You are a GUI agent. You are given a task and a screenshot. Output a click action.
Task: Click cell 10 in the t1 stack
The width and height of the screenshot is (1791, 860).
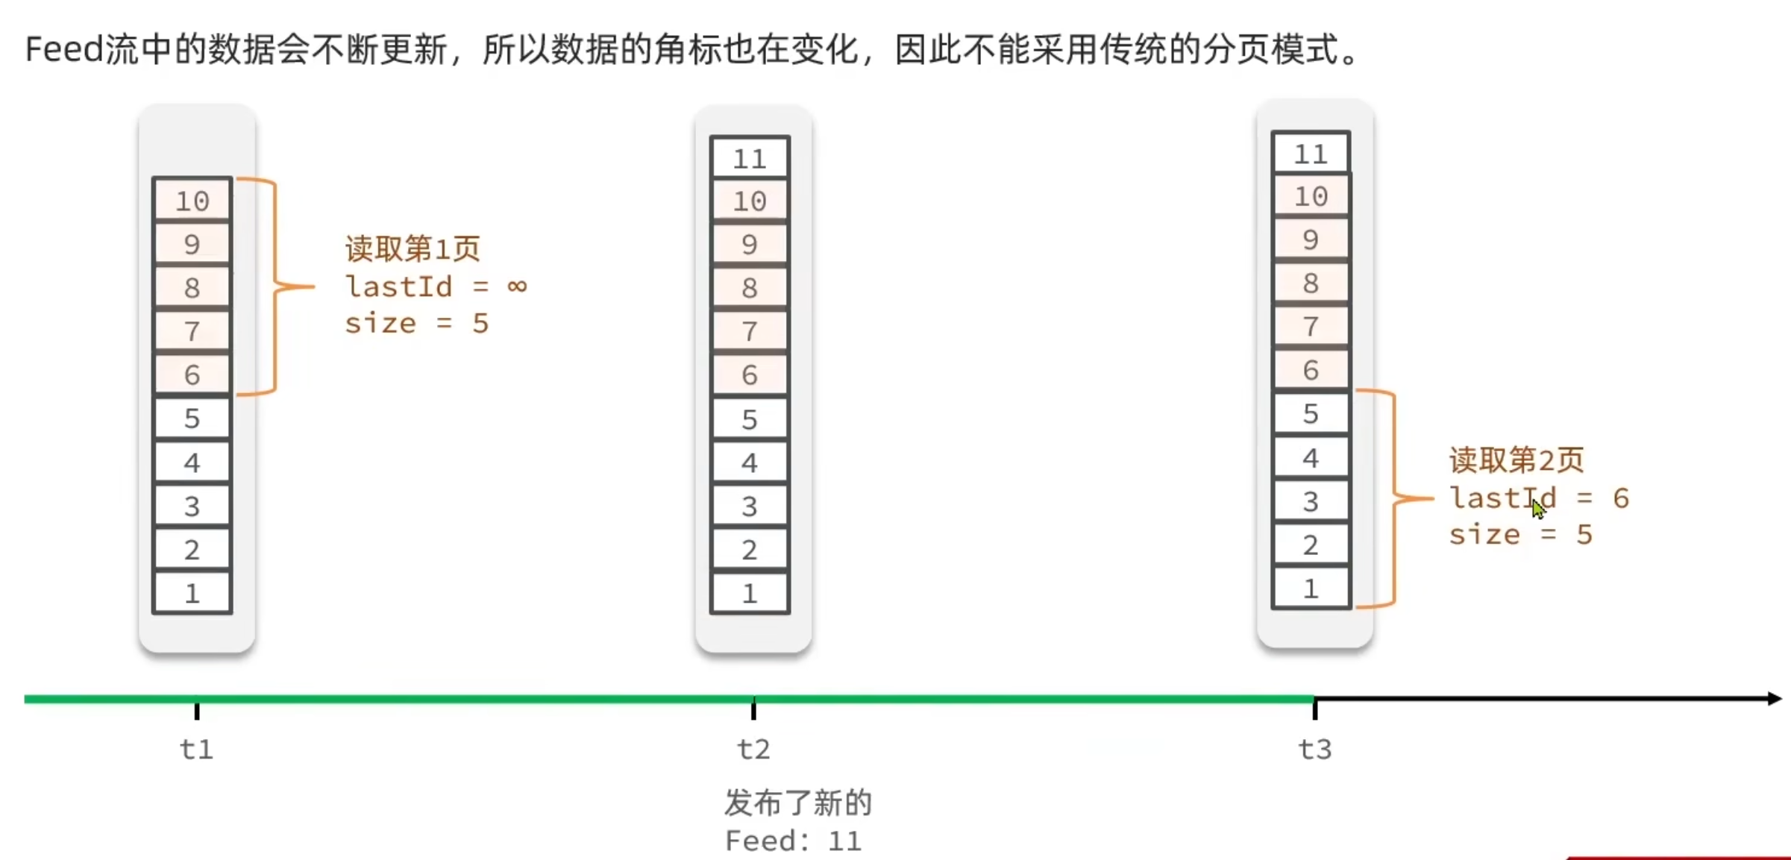(192, 200)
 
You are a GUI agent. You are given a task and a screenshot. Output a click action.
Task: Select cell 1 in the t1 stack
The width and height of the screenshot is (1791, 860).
(192, 593)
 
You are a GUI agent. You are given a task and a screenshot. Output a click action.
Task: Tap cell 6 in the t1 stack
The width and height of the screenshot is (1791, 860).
(192, 374)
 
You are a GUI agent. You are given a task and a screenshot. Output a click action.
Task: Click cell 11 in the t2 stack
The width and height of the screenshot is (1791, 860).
(750, 158)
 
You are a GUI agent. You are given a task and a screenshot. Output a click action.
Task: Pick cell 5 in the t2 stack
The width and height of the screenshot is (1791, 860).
(750, 419)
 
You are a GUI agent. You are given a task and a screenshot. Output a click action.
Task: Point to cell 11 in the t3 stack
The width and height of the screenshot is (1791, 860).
(1311, 154)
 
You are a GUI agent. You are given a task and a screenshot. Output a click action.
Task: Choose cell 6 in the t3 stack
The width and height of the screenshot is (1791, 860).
(1311, 370)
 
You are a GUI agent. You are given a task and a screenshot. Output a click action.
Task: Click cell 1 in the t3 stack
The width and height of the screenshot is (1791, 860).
(1311, 588)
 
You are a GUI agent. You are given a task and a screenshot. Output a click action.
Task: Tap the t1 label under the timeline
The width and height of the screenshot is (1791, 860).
(196, 748)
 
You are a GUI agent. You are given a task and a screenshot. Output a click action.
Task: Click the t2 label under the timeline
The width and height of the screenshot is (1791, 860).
(753, 748)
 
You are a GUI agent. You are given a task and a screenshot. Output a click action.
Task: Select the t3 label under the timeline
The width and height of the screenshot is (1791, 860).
(1314, 748)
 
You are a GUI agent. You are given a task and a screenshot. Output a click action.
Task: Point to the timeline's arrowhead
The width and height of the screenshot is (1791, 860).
(1774, 699)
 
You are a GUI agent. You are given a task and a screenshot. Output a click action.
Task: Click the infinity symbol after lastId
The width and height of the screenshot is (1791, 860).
(516, 286)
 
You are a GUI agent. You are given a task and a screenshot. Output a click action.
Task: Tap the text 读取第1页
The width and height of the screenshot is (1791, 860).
(413, 248)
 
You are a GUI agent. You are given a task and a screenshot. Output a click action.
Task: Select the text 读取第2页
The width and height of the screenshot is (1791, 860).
(1516, 459)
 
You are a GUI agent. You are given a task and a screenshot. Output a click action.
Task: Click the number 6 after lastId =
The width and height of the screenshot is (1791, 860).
(1620, 498)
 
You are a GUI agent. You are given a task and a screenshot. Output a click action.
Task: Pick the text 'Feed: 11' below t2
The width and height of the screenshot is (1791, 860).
(793, 841)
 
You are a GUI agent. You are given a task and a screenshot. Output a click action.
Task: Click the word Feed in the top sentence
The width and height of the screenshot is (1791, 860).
(63, 50)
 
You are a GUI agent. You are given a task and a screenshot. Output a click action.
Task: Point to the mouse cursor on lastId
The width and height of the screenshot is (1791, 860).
(1538, 509)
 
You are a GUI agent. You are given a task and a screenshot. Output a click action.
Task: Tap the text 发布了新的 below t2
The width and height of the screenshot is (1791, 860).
(797, 803)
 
